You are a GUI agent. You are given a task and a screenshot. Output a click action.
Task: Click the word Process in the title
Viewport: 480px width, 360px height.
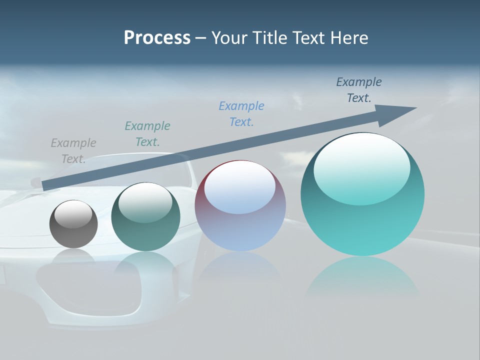pos(157,38)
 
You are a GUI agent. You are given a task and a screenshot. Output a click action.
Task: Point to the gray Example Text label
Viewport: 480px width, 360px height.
pos(73,151)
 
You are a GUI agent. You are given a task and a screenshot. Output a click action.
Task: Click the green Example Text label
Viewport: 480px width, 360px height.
pos(147,134)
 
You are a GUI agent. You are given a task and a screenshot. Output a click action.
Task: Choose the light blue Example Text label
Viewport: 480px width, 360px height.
pos(241,114)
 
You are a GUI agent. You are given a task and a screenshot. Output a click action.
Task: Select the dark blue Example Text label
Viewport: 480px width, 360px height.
pos(359,90)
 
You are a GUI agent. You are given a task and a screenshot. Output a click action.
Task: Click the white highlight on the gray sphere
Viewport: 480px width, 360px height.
pos(73,212)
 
